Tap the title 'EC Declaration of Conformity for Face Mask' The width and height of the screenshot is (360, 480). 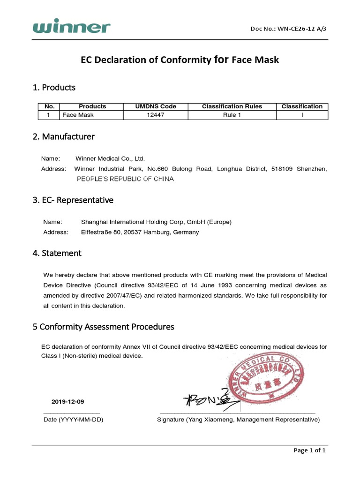[x=180, y=60]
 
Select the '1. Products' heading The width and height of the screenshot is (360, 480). [x=54, y=88]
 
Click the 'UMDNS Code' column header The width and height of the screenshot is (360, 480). [x=156, y=106]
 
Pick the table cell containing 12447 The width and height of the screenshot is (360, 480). [x=156, y=115]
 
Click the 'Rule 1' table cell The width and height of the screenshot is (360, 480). [x=232, y=115]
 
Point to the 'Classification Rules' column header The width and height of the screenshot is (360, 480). [x=232, y=106]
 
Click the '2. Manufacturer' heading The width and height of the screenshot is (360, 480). [x=63, y=137]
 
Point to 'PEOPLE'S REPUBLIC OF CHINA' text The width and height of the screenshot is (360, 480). [x=125, y=179]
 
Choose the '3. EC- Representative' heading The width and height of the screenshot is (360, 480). [x=73, y=200]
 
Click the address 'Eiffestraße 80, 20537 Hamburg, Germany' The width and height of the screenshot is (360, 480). [x=140, y=232]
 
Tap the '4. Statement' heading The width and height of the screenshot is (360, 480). [x=57, y=253]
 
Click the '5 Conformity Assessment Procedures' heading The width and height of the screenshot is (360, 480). [x=103, y=326]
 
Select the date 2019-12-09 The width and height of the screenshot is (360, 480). [x=68, y=402]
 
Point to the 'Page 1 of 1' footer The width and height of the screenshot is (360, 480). [x=309, y=450]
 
